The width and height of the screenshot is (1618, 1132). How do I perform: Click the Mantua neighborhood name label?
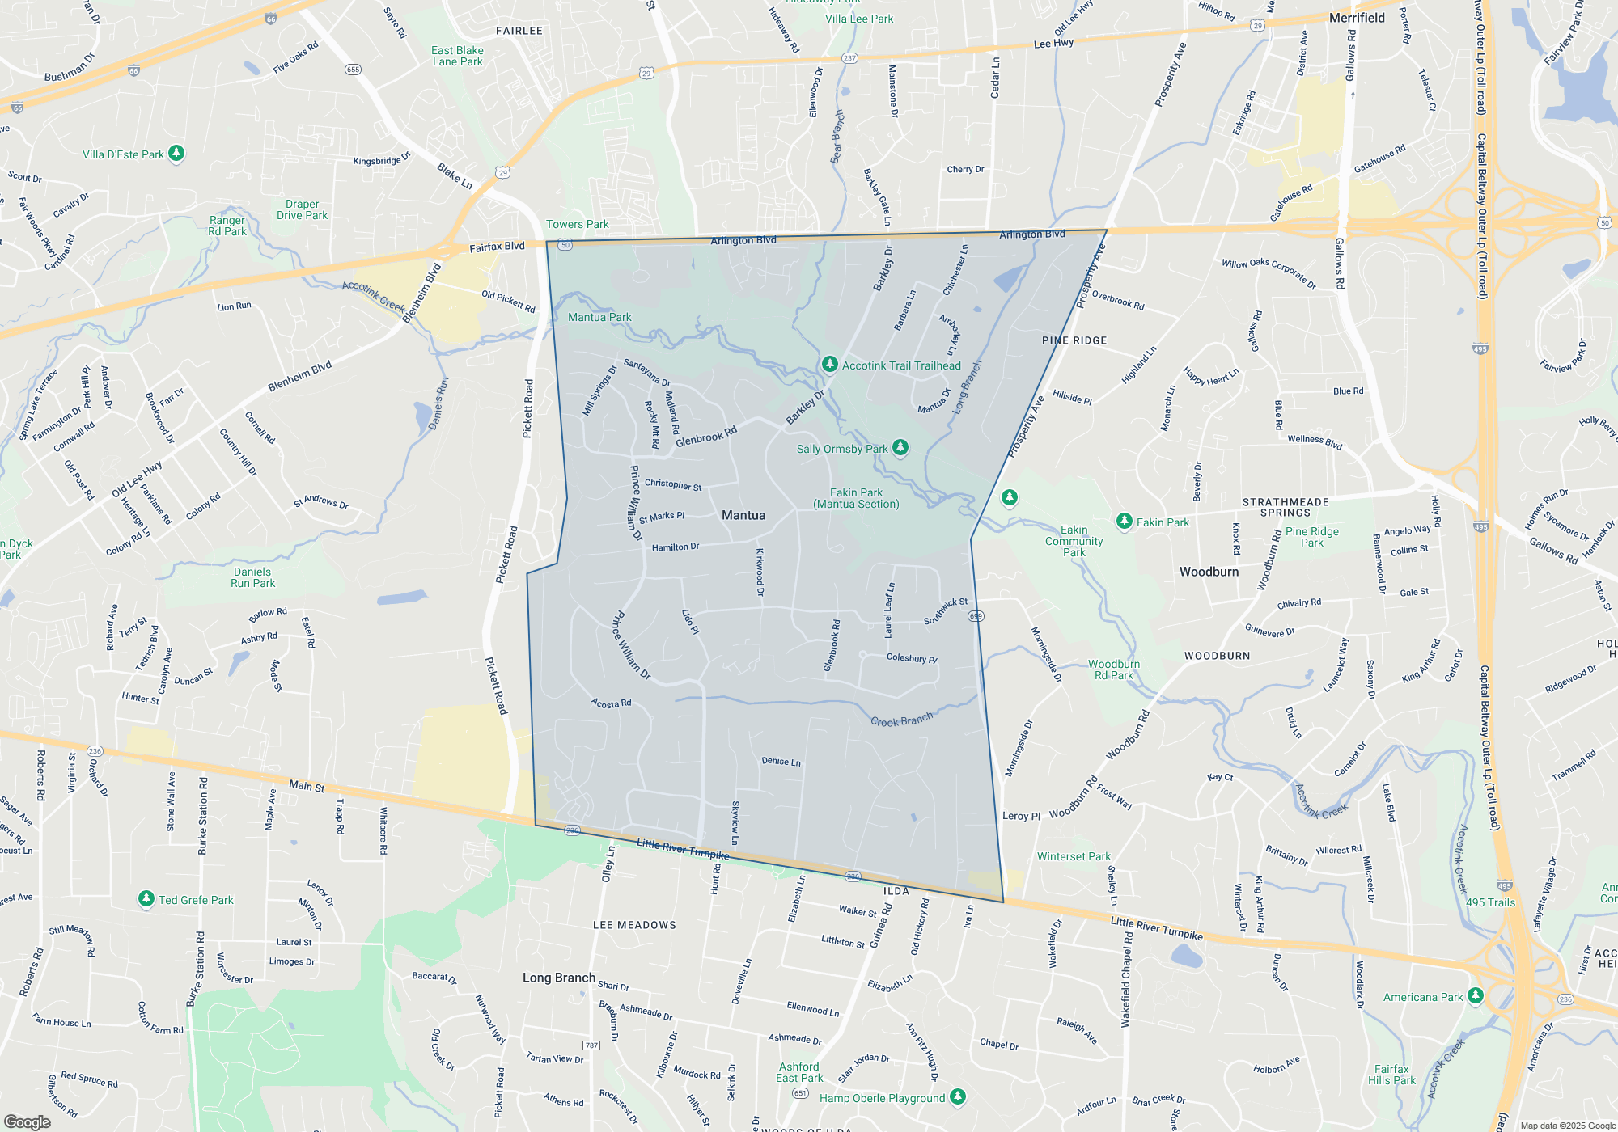tap(743, 515)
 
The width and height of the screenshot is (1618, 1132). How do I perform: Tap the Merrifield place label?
tap(1357, 18)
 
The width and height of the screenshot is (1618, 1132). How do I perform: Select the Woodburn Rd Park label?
tap(1113, 669)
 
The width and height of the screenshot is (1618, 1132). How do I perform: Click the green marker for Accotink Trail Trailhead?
tap(829, 365)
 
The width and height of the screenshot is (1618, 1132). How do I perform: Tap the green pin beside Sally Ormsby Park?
tap(900, 448)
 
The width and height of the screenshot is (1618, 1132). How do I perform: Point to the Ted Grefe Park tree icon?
tap(146, 898)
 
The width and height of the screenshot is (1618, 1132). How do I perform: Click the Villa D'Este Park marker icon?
tap(176, 153)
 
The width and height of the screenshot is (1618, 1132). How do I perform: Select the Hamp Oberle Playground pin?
tap(958, 1096)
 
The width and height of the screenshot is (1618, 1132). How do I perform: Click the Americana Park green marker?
tap(1475, 995)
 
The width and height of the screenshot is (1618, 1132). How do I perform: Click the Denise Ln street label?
tap(781, 761)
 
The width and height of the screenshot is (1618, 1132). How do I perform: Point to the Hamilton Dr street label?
tap(676, 547)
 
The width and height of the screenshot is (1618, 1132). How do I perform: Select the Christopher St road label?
tap(673, 484)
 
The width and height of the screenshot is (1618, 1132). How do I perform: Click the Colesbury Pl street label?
tap(912, 657)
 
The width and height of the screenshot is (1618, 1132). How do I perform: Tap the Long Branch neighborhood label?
tap(558, 978)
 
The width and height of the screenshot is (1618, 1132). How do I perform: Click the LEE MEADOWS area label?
tap(634, 925)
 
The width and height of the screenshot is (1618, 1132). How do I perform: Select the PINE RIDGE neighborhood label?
tap(1074, 340)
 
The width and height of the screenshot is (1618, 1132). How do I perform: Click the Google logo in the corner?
tap(28, 1121)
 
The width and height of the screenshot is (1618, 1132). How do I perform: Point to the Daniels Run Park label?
tap(252, 577)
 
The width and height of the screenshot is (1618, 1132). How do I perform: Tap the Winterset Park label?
tap(1074, 856)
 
